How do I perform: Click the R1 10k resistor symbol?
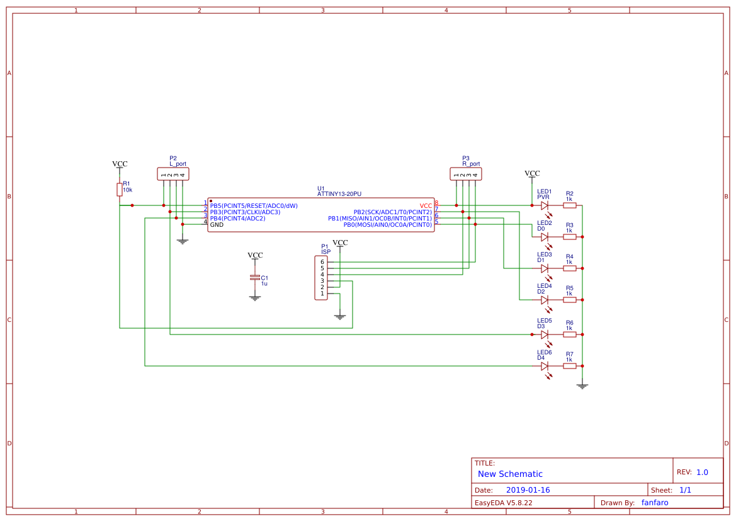119,190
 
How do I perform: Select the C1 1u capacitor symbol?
254,278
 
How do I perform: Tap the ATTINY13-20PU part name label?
339,195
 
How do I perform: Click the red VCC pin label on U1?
426,205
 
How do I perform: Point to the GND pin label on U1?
217,224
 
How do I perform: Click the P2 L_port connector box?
173,174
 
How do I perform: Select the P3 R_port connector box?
466,174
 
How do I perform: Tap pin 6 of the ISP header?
322,261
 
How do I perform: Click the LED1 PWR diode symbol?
545,205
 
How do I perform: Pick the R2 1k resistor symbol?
569,205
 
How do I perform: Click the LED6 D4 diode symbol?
545,366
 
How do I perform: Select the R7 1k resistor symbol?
569,366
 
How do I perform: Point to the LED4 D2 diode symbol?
545,300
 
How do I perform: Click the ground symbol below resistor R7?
582,385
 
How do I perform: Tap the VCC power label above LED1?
532,173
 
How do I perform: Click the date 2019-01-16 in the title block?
528,490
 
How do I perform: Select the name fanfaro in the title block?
655,503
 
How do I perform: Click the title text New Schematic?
510,474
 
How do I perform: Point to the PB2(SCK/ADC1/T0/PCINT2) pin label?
392,212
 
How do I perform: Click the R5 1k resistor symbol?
569,300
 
